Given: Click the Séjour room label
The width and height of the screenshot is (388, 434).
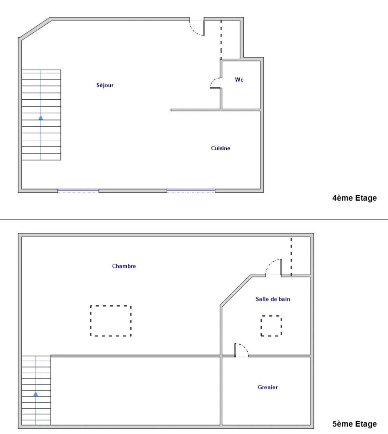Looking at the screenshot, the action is [105, 85].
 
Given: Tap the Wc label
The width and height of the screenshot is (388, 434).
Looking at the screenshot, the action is [239, 80].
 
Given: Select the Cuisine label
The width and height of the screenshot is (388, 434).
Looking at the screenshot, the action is [220, 148].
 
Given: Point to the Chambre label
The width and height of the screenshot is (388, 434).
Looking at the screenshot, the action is [124, 266].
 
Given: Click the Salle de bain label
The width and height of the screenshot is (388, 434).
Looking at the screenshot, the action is [273, 299].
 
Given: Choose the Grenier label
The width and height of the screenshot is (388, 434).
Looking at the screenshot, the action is [267, 387].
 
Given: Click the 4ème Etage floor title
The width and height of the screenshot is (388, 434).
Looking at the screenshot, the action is [355, 198].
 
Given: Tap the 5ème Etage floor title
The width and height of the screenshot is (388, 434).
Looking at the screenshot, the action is [355, 424].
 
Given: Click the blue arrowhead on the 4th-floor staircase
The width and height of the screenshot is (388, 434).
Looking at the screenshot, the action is [41, 118].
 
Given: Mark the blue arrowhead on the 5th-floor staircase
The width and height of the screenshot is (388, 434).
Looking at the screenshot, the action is [36, 394].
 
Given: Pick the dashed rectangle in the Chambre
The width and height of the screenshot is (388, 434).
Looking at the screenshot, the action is [111, 306].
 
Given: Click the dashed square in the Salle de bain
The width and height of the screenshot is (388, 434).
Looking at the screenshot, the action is [271, 316].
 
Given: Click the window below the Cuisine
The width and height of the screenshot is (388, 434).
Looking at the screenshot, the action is [191, 191].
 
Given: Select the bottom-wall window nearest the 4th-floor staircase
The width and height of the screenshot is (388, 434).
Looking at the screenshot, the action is [78, 191].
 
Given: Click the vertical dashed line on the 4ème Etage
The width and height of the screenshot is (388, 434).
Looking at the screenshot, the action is [221, 39].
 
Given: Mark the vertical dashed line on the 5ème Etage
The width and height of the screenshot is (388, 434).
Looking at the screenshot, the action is [291, 256].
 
